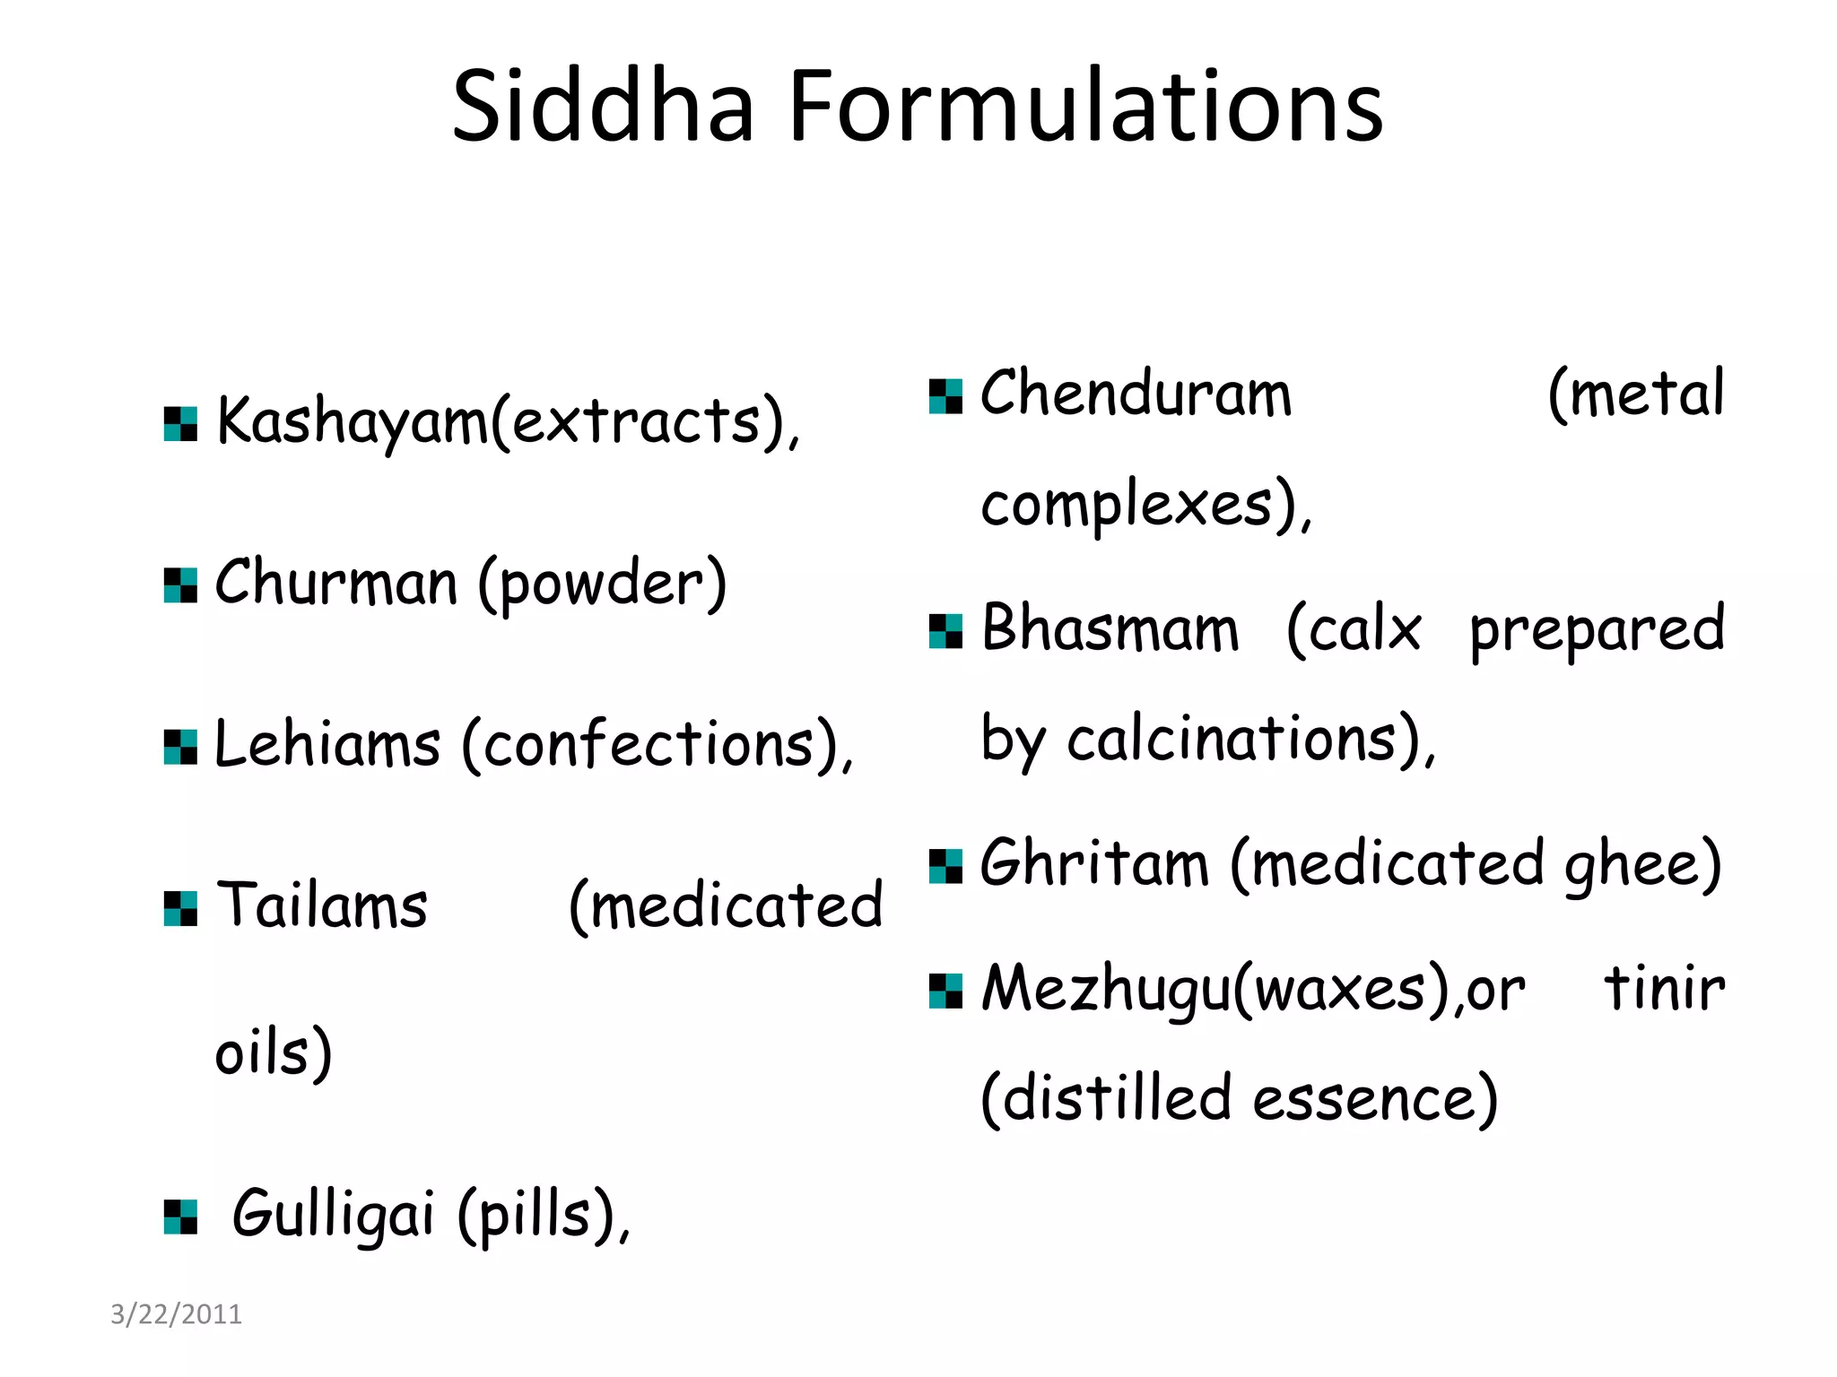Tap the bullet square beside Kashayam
pos(180,424)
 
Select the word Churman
pos(336,584)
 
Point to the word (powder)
pos(602,585)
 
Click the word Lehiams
pos(328,745)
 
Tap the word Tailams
pos(323,905)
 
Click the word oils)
pos(274,1052)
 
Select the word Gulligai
pos(334,1214)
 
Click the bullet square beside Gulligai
pos(180,1217)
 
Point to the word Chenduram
pos(1136,394)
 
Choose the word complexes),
pos(1146,506)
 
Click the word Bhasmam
pos(1110,628)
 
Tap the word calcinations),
pos(1251,740)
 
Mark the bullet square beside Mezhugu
pos(945,992)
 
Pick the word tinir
pos(1664,989)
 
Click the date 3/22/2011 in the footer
pos(176,1314)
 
